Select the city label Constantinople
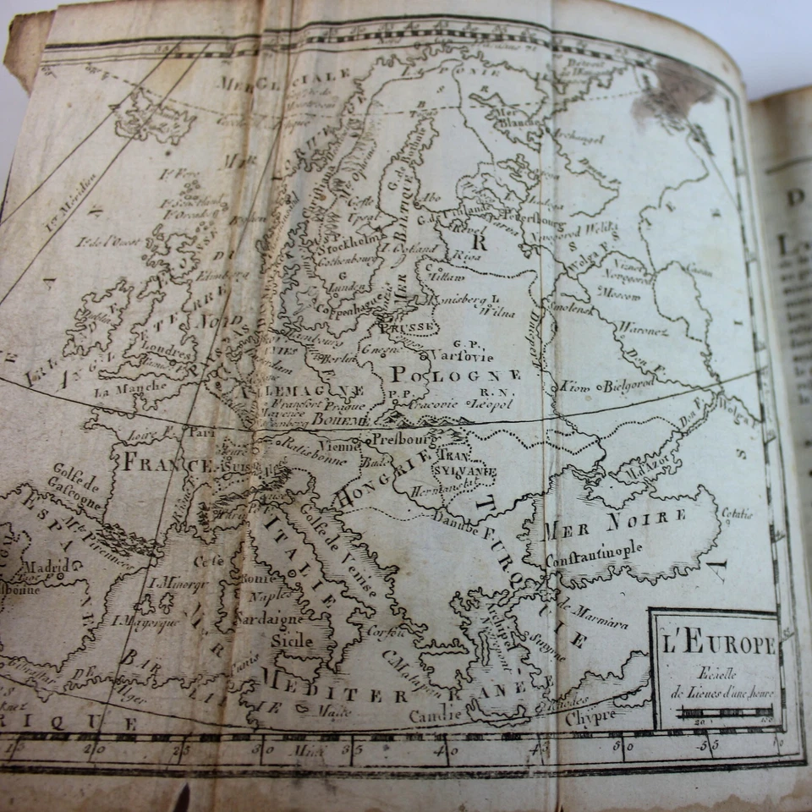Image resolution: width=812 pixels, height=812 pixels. [x=593, y=554]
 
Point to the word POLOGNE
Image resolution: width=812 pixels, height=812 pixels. [x=455, y=375]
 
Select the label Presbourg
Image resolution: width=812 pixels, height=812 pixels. [x=405, y=440]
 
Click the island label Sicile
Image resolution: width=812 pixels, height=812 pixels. [x=292, y=640]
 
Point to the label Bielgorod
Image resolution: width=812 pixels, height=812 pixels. [x=628, y=385]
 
